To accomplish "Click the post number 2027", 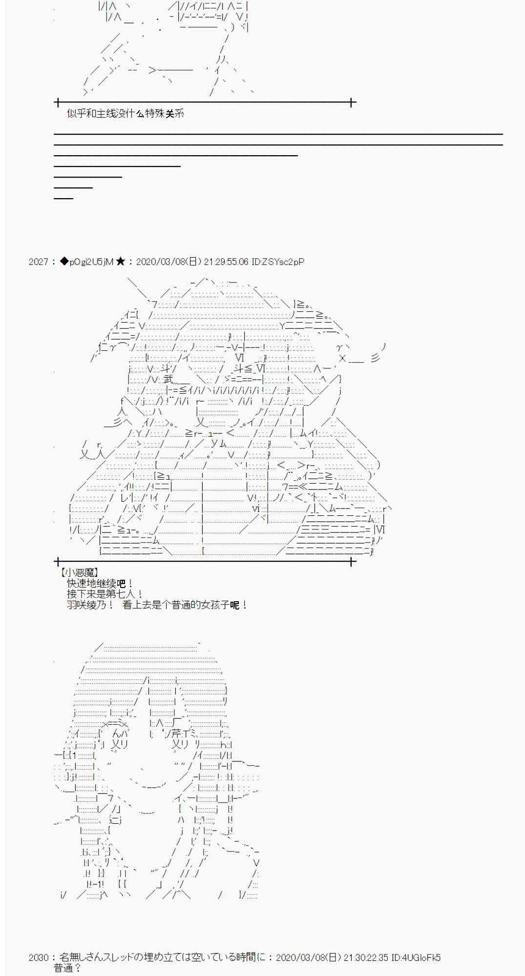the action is (38, 262).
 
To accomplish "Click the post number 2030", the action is (38, 957).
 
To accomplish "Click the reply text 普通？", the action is (67, 968).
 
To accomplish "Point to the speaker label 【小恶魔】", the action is (79, 572).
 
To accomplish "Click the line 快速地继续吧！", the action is (100, 583).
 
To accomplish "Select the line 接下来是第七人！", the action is (105, 594).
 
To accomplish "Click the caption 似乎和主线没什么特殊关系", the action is (126, 114).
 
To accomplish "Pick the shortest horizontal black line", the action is (63, 198).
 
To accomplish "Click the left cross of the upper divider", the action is (58, 102).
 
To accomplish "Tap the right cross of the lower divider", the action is (351, 562).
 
